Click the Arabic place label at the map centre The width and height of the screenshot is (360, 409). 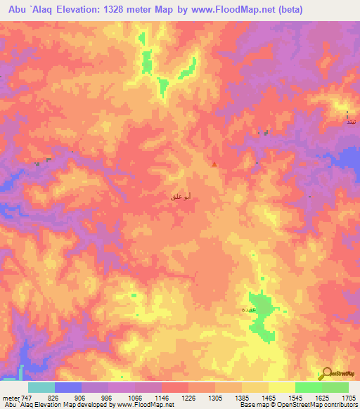(x=181, y=198)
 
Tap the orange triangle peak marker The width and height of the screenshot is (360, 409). (x=214, y=165)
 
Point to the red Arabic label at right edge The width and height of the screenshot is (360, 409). (x=349, y=122)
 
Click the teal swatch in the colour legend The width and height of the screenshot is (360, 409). (x=41, y=387)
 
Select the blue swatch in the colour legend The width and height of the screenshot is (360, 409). (x=68, y=387)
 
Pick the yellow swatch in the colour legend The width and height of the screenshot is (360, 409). (x=281, y=387)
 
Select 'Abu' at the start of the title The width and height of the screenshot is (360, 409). (x=13, y=11)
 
